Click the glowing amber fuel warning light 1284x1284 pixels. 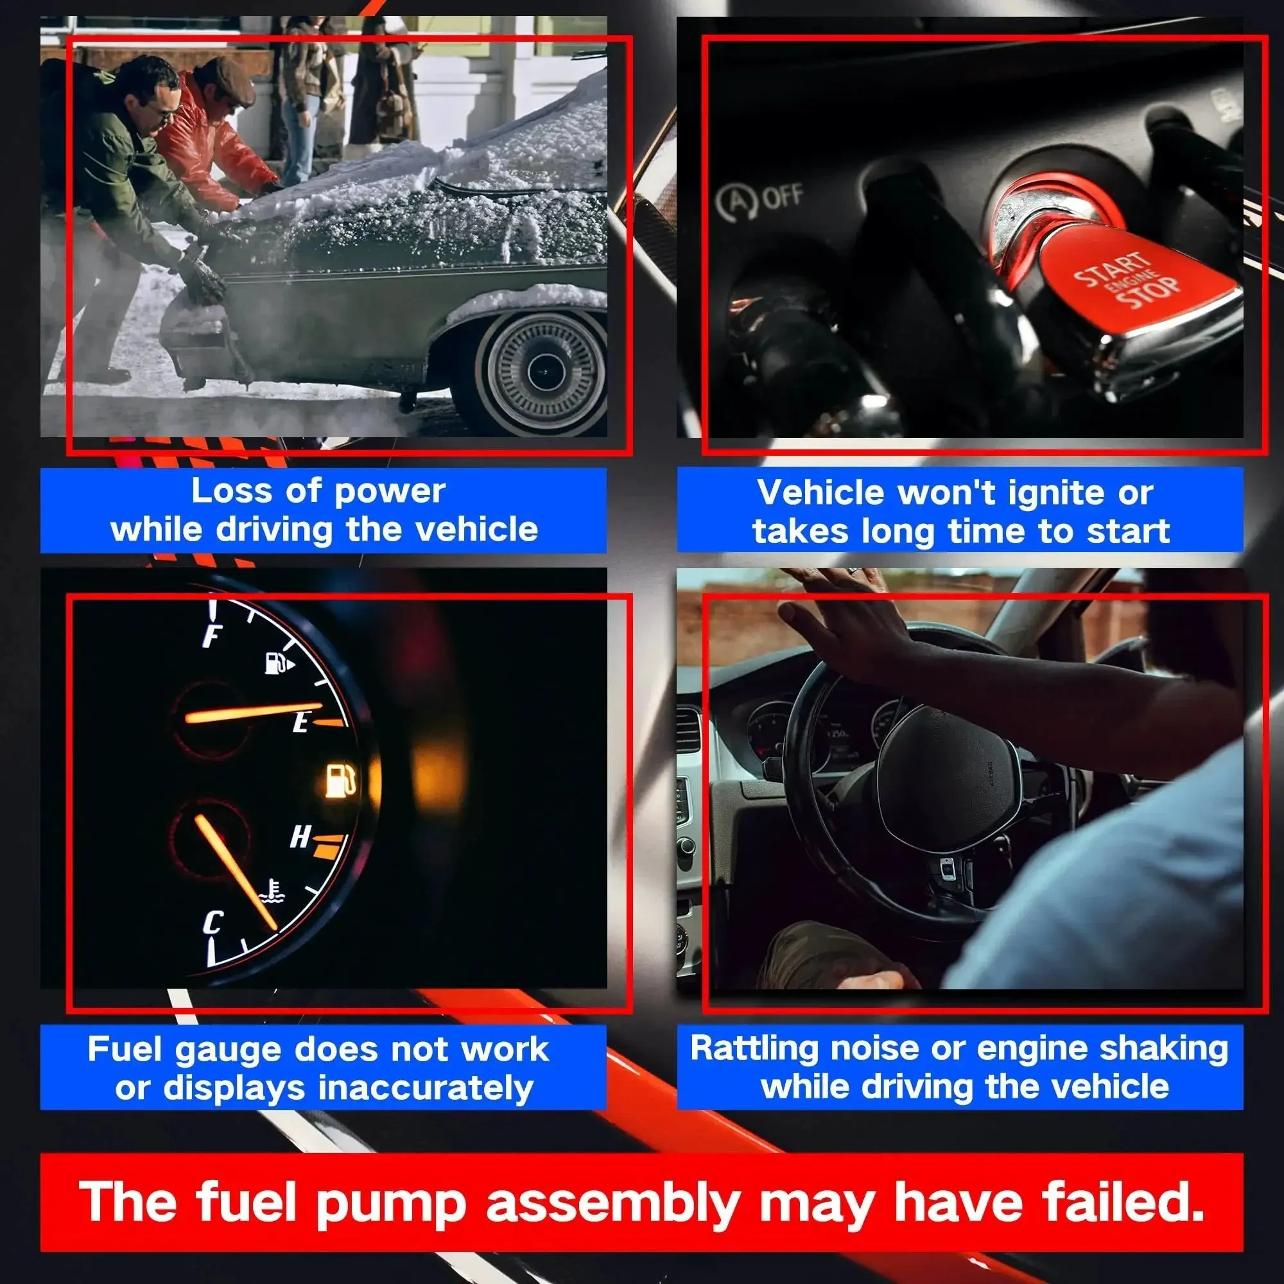click(340, 780)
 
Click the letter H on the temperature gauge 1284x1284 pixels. click(300, 836)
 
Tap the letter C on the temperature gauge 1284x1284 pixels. click(213, 923)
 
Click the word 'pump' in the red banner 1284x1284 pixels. click(392, 1204)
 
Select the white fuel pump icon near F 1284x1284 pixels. click(279, 663)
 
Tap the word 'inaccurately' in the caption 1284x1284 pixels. click(426, 1089)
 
